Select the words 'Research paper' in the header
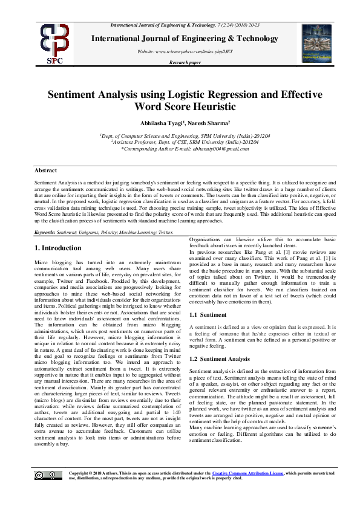pyautogui.click(x=185, y=62)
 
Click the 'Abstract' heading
pyautogui.click(x=46, y=171)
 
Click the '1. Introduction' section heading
pyautogui.click(x=57, y=248)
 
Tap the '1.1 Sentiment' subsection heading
pyautogui.click(x=208, y=315)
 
